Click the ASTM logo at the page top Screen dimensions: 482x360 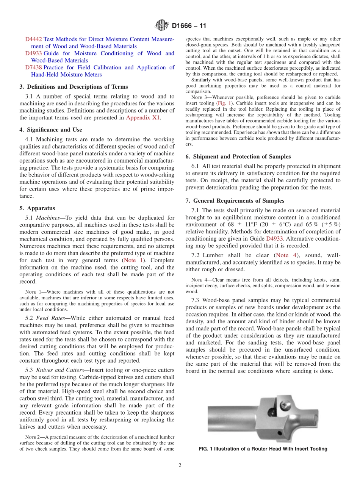tap(162, 26)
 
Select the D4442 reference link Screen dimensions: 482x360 tap(33, 39)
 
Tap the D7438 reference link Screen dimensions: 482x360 tap(33, 67)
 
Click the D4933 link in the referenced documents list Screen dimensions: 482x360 tap(33, 53)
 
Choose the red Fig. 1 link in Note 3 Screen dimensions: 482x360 tap(222, 103)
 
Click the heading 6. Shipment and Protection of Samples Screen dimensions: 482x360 tap(238, 156)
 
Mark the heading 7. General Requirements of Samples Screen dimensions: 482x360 tap(235, 200)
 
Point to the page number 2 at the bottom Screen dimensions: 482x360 tap(180, 465)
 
